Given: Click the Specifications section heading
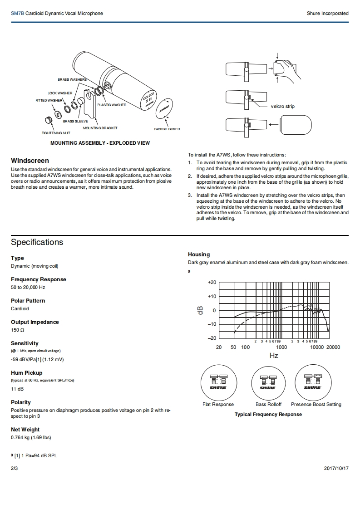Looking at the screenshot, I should pyautogui.click(x=37, y=242).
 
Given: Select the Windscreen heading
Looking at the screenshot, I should pyautogui.click(x=30, y=161).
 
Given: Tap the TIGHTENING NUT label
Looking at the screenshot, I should pyautogui.click(x=56, y=133).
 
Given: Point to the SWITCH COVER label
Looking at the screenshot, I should pyautogui.click(x=167, y=129).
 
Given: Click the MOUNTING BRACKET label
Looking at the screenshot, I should pyautogui.click(x=100, y=128).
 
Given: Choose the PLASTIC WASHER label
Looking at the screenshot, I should pyautogui.click(x=112, y=105).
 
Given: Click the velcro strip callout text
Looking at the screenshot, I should pyautogui.click(x=282, y=106).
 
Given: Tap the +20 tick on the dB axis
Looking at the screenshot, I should pyautogui.click(x=212, y=282).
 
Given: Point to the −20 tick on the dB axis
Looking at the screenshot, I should pyautogui.click(x=212, y=338).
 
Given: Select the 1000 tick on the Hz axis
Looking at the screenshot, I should pyautogui.click(x=281, y=347).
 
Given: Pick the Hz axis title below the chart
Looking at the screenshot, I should pyautogui.click(x=274, y=356).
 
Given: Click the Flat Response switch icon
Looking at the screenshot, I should pyautogui.click(x=218, y=382).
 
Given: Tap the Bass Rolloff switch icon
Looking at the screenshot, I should pyautogui.click(x=268, y=382).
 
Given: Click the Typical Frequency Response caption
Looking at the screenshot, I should pyautogui.click(x=268, y=414).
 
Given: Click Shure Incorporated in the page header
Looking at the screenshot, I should pyautogui.click(x=327, y=13).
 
